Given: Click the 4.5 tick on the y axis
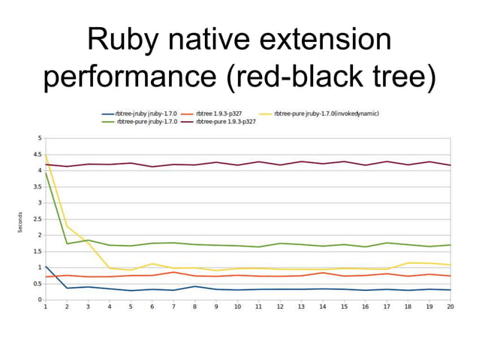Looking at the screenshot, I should pos(38,155).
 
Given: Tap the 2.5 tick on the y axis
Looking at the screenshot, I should pos(38,219).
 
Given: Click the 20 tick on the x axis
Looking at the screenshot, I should pos(450,307).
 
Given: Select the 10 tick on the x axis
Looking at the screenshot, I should pos(237,307).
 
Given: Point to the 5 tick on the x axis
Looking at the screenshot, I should pos(131,307).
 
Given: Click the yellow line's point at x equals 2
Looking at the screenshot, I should pos(67,226).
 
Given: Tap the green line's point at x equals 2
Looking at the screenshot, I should pos(67,244).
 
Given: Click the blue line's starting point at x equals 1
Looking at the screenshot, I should pos(46,266).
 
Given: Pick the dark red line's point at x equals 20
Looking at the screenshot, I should pos(450,165).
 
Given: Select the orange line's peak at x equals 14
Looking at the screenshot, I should pos(322,273).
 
